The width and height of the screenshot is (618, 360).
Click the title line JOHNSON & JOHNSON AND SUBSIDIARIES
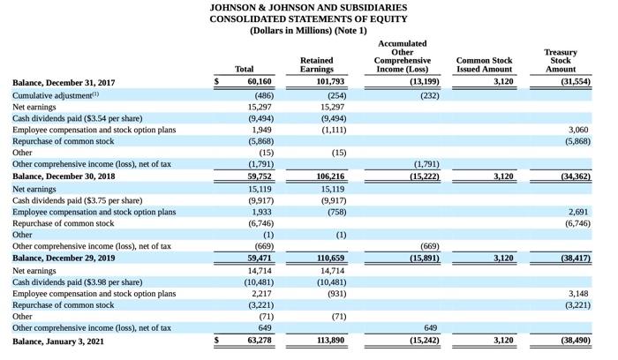tap(308, 7)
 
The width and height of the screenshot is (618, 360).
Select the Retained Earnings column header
tap(316, 64)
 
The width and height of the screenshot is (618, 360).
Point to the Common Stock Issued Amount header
tap(484, 64)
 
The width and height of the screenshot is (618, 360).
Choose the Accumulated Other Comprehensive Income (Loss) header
tap(402, 56)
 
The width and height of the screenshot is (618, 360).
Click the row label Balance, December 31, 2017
tap(64, 82)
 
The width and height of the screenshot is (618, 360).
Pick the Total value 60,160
tap(255, 82)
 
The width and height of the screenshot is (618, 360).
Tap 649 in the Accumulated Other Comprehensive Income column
tap(430, 327)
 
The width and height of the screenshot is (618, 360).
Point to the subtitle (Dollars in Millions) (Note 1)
tap(308, 30)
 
